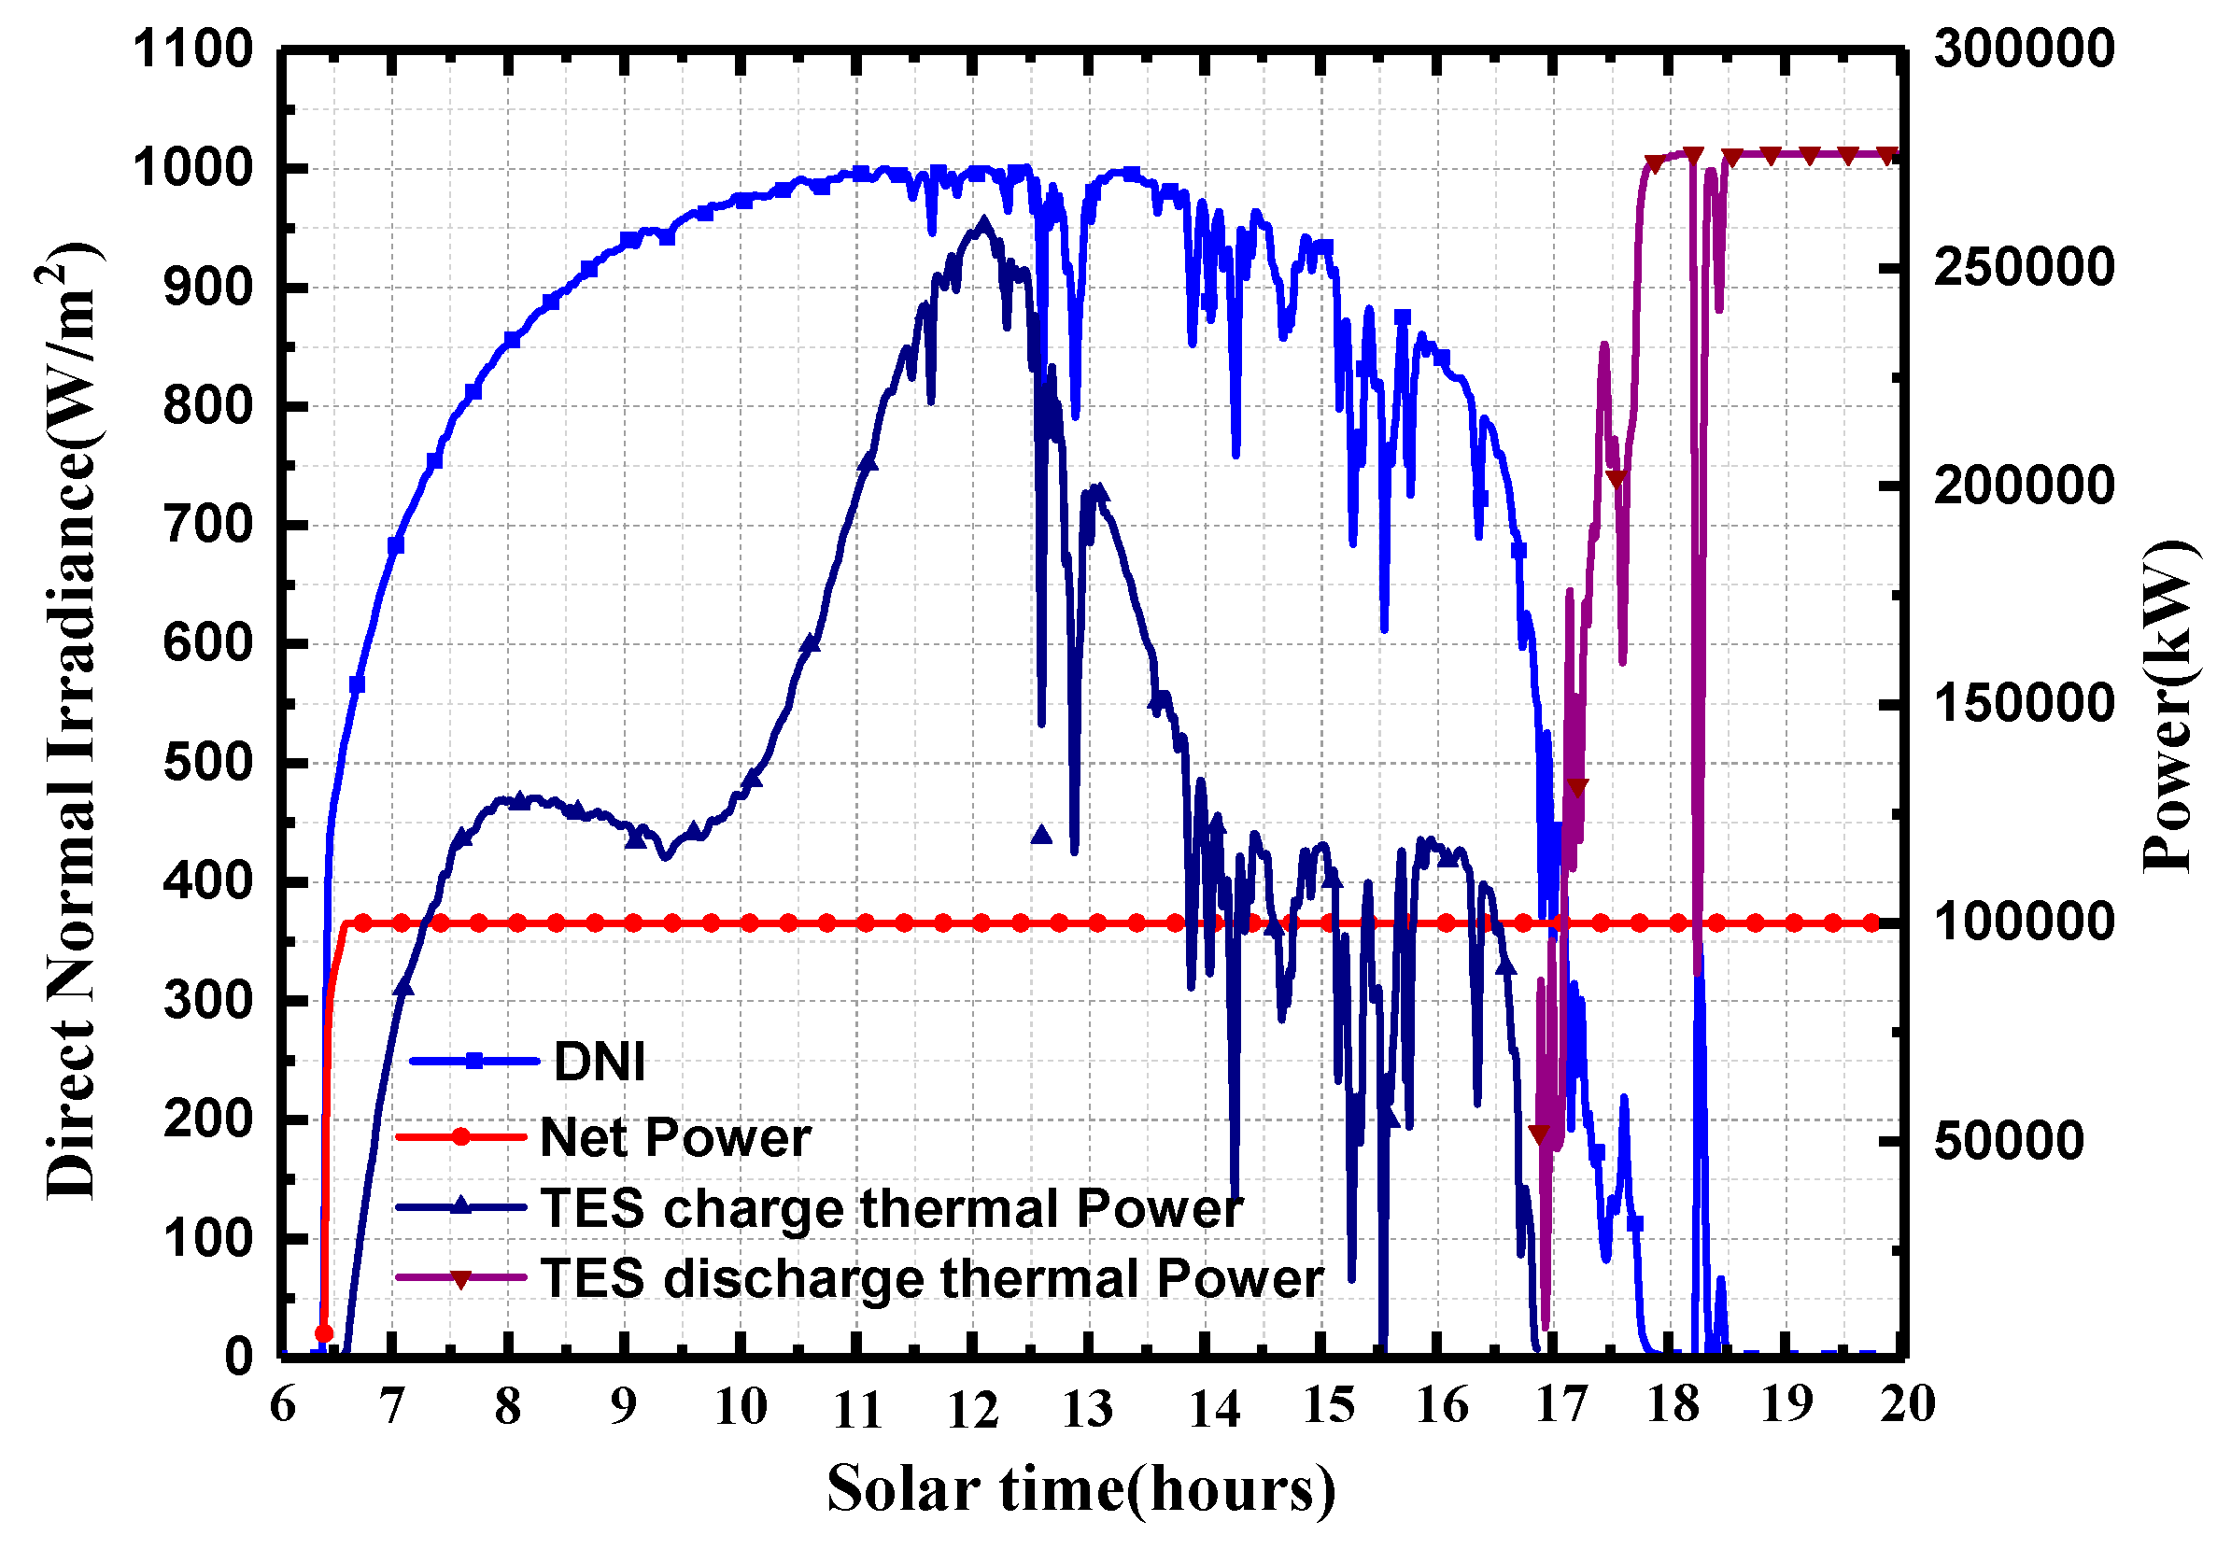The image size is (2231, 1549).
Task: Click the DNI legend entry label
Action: coord(599,1061)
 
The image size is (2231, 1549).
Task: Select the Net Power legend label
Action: coord(675,1136)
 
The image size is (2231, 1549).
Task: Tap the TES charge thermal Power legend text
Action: coord(890,1208)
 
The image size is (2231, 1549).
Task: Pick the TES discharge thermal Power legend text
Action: coord(931,1278)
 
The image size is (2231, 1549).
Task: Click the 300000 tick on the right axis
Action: coord(2024,49)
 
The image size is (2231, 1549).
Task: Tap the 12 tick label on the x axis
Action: coord(972,1409)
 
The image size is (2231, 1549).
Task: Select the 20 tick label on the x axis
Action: coord(1906,1404)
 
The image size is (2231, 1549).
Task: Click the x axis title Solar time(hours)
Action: coord(1080,1490)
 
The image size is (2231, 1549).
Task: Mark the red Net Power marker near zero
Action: coord(324,1333)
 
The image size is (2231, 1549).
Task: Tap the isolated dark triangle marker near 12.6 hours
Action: coord(1041,834)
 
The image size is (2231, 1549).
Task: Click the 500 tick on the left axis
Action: coord(206,763)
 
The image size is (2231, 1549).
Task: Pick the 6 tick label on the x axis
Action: coord(283,1404)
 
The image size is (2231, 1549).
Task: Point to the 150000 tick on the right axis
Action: coord(2024,704)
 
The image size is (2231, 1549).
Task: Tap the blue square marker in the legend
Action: coord(474,1061)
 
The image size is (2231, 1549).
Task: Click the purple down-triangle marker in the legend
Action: coord(462,1279)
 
